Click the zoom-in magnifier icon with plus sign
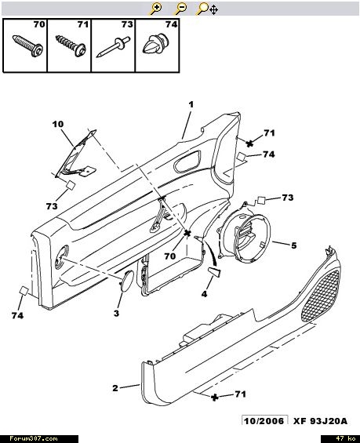click(x=155, y=9)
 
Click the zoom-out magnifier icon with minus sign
click(x=180, y=9)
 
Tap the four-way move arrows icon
click(x=213, y=10)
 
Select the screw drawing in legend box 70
click(x=28, y=45)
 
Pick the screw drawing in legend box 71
click(x=71, y=45)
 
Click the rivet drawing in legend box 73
click(x=113, y=46)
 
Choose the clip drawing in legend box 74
click(x=155, y=44)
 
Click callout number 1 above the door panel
click(x=191, y=105)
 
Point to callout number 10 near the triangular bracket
click(x=58, y=124)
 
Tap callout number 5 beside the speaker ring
click(x=294, y=245)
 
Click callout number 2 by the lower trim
click(x=115, y=388)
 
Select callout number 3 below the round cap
click(x=116, y=313)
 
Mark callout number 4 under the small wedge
click(x=204, y=294)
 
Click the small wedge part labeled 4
click(x=214, y=273)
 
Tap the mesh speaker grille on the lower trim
click(x=321, y=296)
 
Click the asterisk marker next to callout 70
click(x=187, y=234)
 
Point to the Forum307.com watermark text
click(x=34, y=439)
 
